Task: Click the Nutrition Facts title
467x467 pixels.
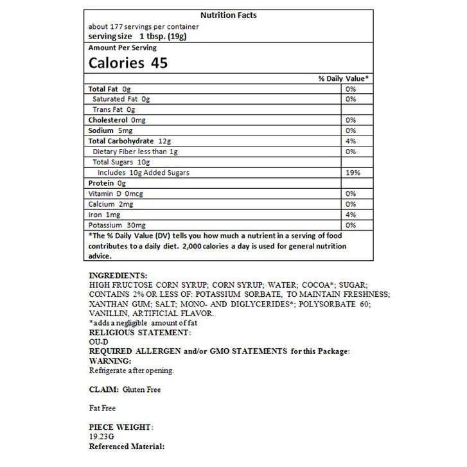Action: click(228, 15)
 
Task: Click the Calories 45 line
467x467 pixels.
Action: click(128, 62)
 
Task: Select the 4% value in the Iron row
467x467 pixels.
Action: click(350, 215)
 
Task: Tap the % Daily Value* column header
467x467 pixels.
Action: click(343, 78)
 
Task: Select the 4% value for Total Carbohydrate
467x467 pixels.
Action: click(350, 141)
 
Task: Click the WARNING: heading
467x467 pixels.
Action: click(110, 361)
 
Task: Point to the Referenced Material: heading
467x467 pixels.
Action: click(127, 446)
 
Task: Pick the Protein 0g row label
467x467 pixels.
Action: click(103, 183)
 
